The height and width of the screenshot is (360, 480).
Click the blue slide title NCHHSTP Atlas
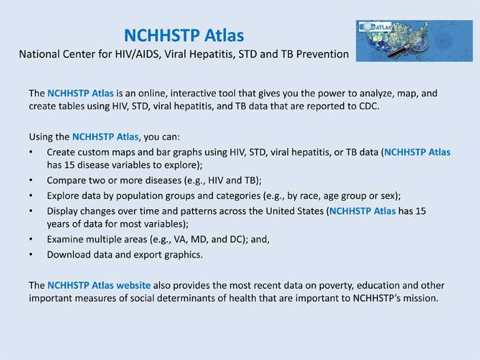pos(184,34)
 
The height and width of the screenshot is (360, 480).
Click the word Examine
pos(67,240)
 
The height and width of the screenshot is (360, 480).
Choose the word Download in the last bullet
pos(70,255)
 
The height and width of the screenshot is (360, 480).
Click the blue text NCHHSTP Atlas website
pos(99,284)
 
